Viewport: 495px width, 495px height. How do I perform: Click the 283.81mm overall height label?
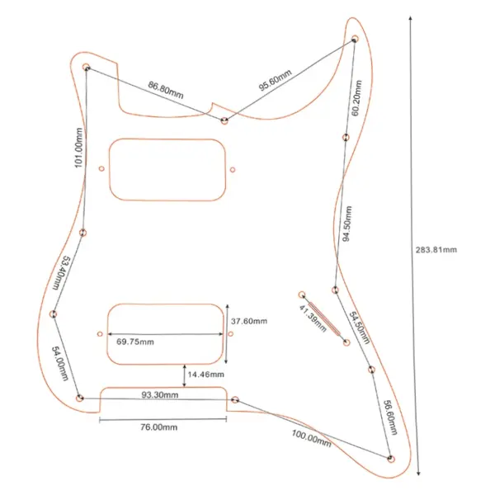[x=436, y=250]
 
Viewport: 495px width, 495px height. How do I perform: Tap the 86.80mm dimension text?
[x=166, y=90]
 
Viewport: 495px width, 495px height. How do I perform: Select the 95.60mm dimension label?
[x=275, y=80]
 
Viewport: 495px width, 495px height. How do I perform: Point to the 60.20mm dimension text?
[x=356, y=98]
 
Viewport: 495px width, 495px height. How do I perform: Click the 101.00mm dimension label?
[x=78, y=148]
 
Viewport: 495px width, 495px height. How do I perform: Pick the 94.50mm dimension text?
[x=347, y=224]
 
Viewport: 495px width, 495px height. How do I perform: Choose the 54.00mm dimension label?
[x=60, y=363]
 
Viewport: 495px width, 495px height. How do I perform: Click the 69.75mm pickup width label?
[x=135, y=342]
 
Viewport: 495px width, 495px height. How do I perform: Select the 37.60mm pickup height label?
[x=249, y=321]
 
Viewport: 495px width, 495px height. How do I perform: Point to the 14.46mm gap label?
[x=205, y=375]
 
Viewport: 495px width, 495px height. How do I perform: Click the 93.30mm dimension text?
[x=160, y=394]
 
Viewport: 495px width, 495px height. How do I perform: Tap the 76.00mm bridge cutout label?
[x=158, y=427]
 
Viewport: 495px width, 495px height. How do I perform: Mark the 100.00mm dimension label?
[x=311, y=439]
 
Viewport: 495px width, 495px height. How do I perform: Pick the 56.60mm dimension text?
[x=390, y=417]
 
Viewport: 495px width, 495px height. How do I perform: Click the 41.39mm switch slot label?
[x=313, y=318]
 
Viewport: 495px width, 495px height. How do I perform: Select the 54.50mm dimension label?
[x=360, y=328]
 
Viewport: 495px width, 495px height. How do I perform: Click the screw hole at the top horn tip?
[x=355, y=40]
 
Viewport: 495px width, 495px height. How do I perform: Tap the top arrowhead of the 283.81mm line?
[x=410, y=17]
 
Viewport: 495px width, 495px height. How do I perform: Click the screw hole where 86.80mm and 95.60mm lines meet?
[x=224, y=120]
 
